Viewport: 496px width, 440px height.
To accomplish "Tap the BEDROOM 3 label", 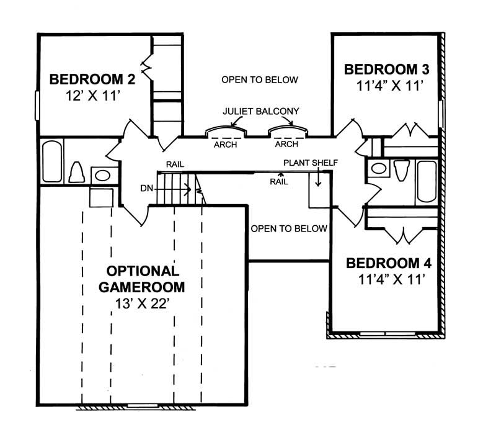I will click(x=387, y=69).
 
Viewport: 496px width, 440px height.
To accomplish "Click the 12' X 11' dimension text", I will click(x=92, y=96).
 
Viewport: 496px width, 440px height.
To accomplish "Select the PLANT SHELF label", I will click(x=311, y=163).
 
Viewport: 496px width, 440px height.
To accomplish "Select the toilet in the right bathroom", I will click(x=401, y=169).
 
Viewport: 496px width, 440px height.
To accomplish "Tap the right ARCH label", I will click(x=286, y=145).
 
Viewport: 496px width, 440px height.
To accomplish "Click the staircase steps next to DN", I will click(x=177, y=189).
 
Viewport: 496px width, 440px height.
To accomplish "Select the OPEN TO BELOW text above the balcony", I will click(x=260, y=80).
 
